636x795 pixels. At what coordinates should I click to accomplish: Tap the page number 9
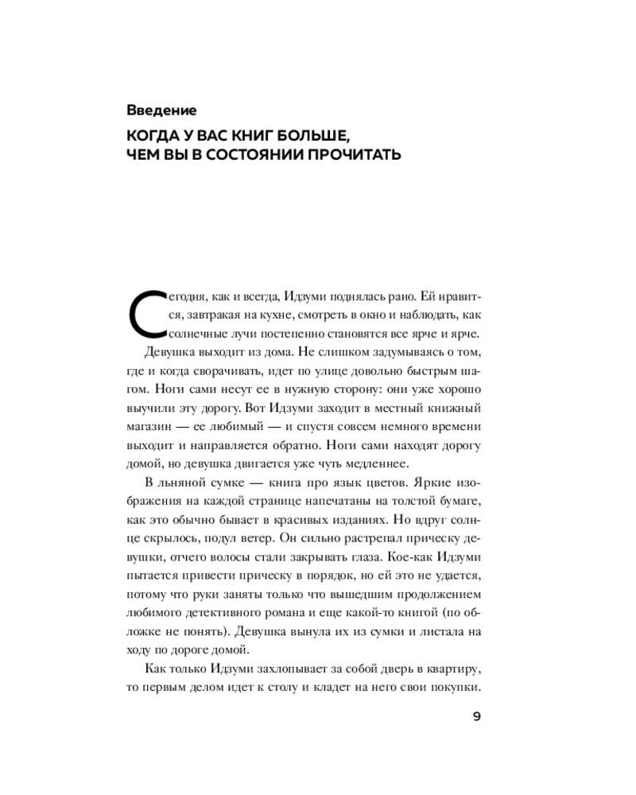click(x=475, y=716)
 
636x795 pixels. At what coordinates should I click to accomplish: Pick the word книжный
click(x=454, y=408)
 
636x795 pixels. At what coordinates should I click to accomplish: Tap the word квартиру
click(x=451, y=667)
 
